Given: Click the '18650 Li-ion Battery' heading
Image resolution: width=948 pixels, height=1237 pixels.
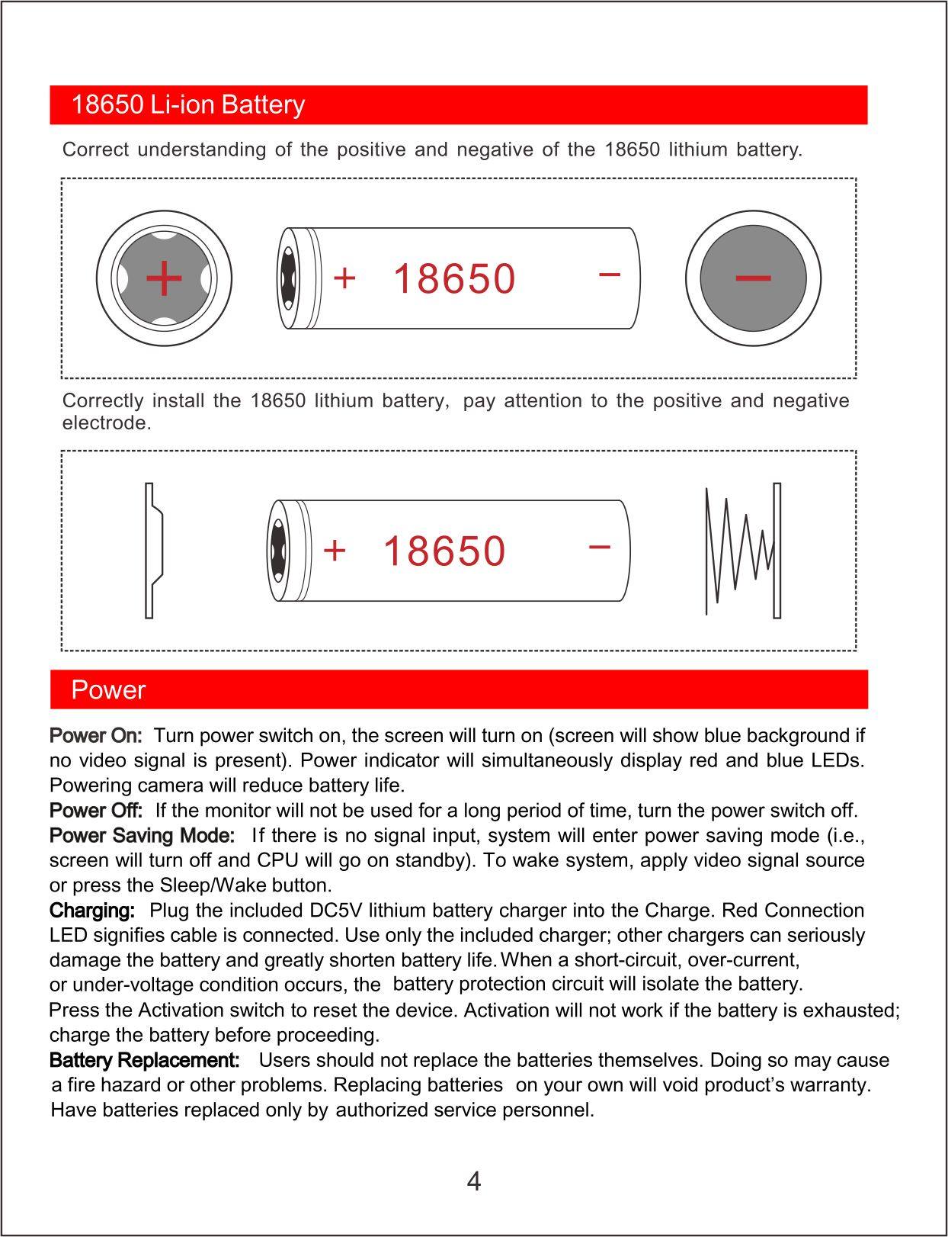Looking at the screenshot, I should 187,104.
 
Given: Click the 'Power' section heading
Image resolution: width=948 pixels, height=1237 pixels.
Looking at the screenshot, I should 108,690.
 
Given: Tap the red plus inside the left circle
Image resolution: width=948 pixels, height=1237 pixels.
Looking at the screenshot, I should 164,278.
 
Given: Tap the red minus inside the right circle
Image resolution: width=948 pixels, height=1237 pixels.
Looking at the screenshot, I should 753,278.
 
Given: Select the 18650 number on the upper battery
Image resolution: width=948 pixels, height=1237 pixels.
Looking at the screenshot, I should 454,278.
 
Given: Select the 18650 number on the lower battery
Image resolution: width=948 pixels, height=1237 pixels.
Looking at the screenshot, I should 444,551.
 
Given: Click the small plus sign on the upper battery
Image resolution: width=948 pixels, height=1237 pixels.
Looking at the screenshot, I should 344,278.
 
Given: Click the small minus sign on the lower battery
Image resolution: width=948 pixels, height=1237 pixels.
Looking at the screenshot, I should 600,547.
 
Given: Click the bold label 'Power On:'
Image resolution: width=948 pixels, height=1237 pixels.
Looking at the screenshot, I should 95,736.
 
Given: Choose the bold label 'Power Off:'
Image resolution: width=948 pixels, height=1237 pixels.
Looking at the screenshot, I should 96,810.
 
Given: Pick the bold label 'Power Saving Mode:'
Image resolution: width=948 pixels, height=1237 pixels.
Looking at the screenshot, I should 142,836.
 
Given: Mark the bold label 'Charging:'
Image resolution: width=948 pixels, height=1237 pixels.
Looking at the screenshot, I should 92,911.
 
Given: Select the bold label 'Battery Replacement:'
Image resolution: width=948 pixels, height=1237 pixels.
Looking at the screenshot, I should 145,1061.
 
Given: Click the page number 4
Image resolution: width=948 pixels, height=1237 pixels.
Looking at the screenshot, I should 473,1182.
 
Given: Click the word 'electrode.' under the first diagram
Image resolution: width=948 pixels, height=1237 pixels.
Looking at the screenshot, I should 107,423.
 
